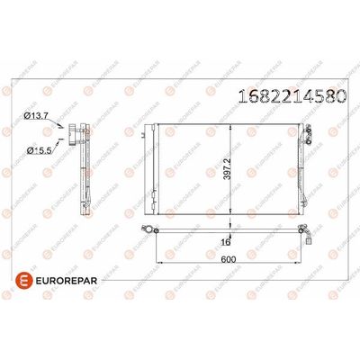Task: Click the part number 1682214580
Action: coord(292,96)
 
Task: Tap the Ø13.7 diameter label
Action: coord(36,115)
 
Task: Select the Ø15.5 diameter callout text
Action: coord(40,150)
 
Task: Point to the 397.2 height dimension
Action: coord(228,169)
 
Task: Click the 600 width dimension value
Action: coord(229,259)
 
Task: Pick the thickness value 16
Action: coord(225,242)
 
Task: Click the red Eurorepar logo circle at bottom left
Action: coord(23,281)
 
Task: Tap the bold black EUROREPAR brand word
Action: coord(67,281)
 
